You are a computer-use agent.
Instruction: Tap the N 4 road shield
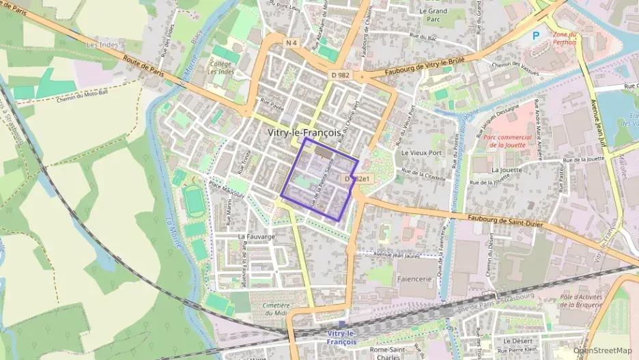point(292,42)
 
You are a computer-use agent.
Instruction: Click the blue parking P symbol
point(536,35)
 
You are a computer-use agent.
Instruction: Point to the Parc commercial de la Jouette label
point(507,141)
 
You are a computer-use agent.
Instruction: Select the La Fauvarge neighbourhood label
point(256,236)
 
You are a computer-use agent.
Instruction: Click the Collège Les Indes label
point(221,68)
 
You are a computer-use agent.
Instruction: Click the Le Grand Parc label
point(433,16)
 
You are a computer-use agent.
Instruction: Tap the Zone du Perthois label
point(565,38)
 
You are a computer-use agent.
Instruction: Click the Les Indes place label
point(102,45)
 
